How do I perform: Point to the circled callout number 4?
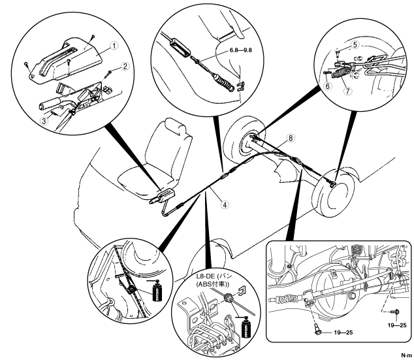click(225, 204)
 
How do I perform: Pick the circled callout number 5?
click(355, 44)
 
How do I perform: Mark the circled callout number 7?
click(349, 91)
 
